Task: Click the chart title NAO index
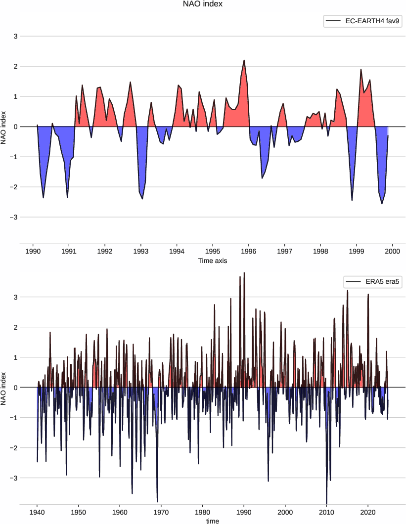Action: click(x=203, y=5)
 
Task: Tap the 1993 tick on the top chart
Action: click(x=141, y=251)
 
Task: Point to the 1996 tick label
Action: click(x=249, y=251)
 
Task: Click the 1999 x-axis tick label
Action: click(x=357, y=251)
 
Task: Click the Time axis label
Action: click(x=213, y=260)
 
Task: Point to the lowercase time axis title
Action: click(x=213, y=521)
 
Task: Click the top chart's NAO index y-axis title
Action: click(x=4, y=127)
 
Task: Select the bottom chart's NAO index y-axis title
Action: click(x=4, y=388)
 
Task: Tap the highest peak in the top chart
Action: click(x=244, y=60)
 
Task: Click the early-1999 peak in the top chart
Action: click(x=361, y=69)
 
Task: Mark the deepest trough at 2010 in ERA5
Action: click(x=326, y=503)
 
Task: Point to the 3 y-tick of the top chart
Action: click(x=15, y=36)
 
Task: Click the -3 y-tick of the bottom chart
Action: click(x=14, y=478)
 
